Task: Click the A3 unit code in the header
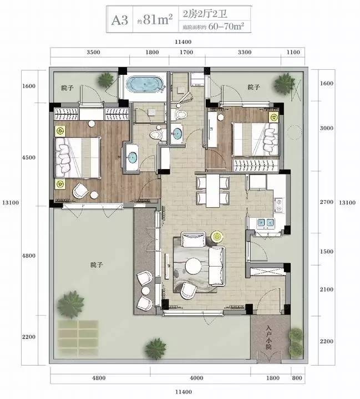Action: point(120,20)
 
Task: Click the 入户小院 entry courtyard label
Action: point(268,337)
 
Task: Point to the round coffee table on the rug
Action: point(194,266)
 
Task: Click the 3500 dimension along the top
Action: point(94,52)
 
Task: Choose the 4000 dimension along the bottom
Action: point(196,378)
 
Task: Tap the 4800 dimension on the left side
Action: point(28,255)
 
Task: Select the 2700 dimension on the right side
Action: point(326,202)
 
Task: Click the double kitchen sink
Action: point(266,222)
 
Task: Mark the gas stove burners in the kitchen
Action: point(279,206)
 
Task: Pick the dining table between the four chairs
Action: point(213,191)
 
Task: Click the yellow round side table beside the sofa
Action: point(217,237)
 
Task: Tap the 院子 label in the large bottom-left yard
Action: point(97,265)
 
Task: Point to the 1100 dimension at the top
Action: point(293,52)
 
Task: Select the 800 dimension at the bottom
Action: point(297,378)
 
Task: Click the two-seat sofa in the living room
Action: point(217,266)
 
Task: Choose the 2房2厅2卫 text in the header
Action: point(205,14)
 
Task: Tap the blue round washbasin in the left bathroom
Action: point(133,157)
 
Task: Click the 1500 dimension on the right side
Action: point(326,252)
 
